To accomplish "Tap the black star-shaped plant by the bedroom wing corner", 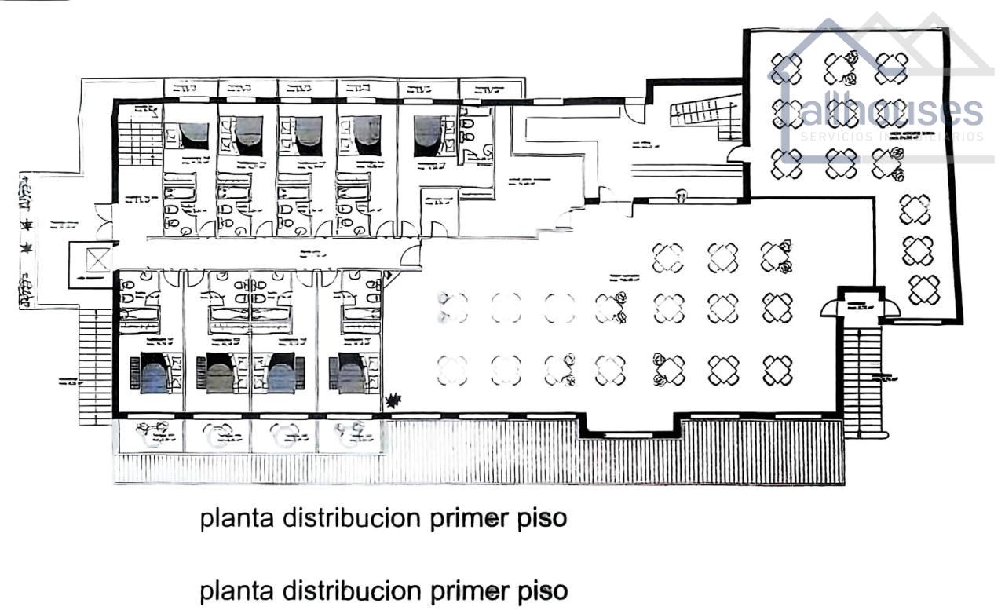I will click(x=393, y=401).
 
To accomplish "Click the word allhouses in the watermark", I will click(x=891, y=110).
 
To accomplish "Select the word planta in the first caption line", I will click(x=236, y=520).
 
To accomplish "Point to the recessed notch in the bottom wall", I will click(x=633, y=426).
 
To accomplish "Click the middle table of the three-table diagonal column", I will click(x=917, y=250).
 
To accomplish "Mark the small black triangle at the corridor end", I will click(x=388, y=274).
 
